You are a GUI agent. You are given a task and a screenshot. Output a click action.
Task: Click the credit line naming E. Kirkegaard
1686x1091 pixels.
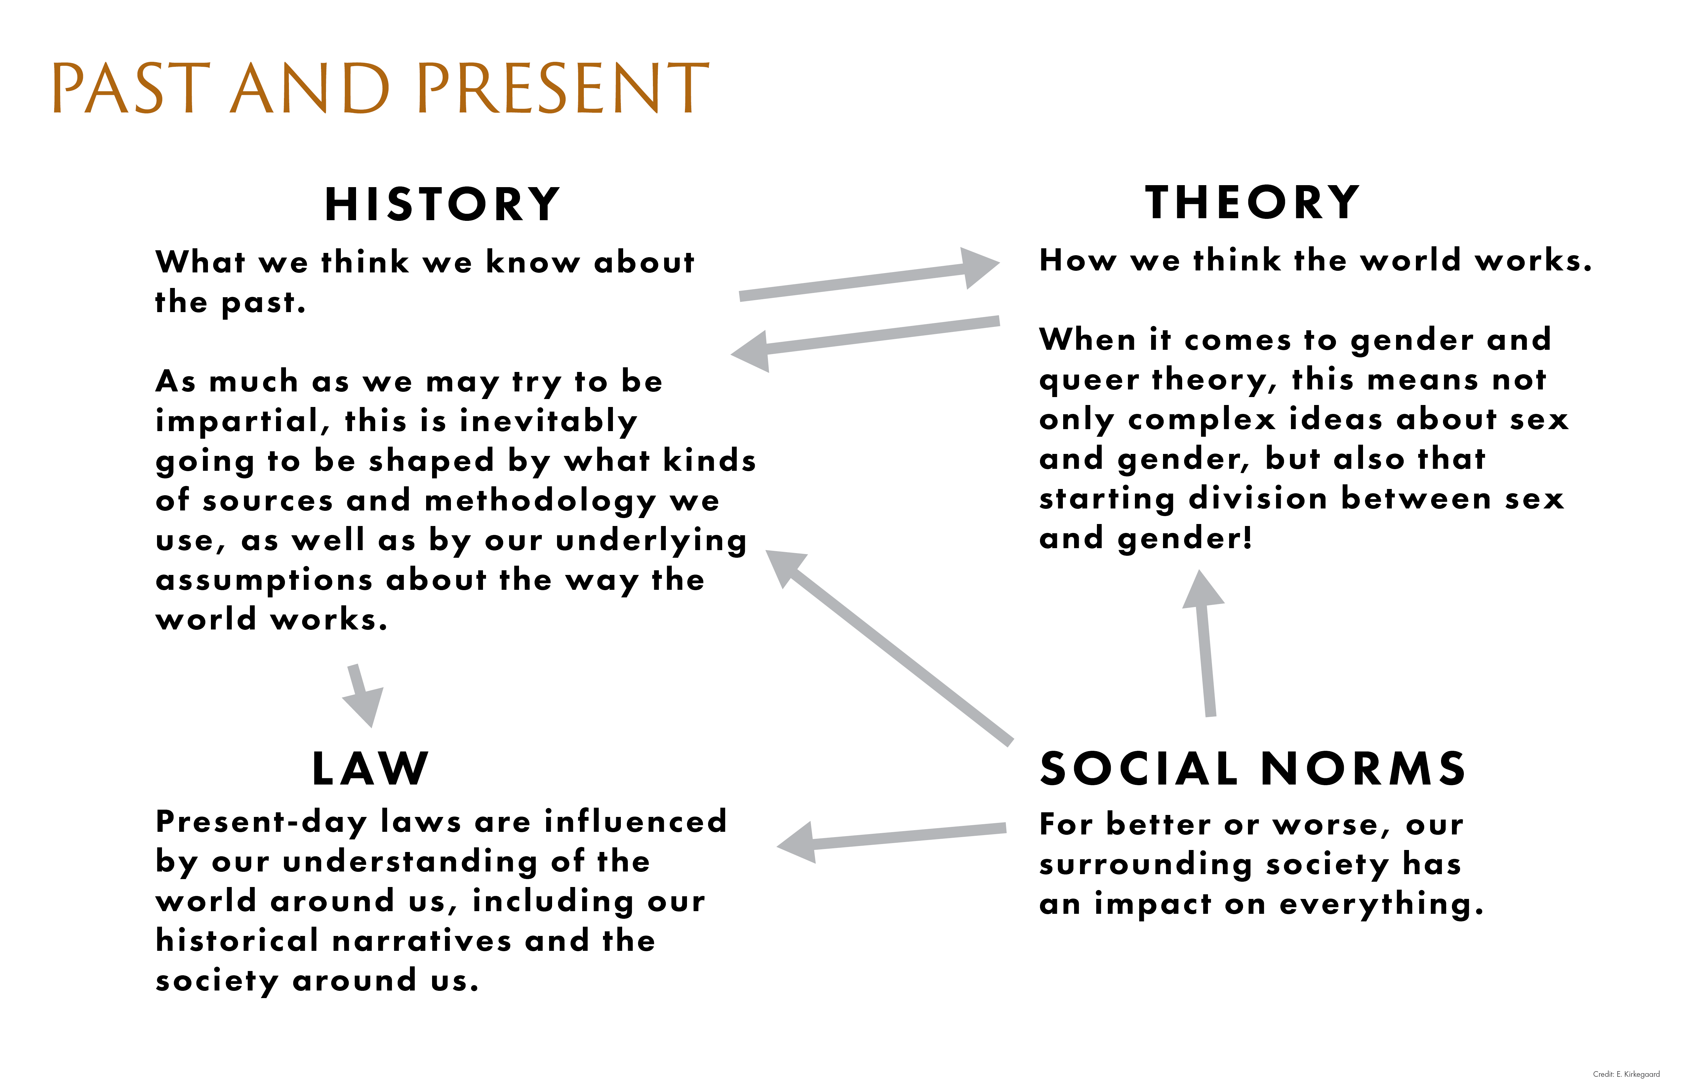pyautogui.click(x=1626, y=1074)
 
